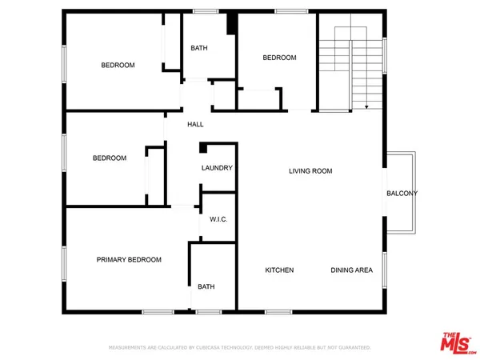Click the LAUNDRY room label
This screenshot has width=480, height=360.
(x=217, y=168)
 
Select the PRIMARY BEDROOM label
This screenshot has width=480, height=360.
(x=129, y=260)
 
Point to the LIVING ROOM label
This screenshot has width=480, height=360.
(x=310, y=171)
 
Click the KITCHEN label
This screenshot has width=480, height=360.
(x=279, y=270)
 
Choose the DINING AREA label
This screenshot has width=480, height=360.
(x=352, y=270)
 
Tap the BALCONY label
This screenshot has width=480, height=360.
(x=402, y=194)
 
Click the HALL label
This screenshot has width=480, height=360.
(x=195, y=125)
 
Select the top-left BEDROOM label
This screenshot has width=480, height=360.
(x=118, y=65)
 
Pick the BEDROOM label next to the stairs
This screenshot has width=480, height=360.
(x=280, y=58)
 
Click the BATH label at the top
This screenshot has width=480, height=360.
(x=199, y=48)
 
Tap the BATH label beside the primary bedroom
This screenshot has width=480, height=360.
(x=206, y=286)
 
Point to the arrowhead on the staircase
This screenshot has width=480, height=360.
(x=366, y=106)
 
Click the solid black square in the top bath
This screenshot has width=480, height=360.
(x=231, y=24)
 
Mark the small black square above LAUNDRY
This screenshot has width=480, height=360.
(x=203, y=147)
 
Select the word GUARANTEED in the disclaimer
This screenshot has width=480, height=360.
(x=352, y=348)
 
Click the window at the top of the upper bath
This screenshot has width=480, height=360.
(x=206, y=10)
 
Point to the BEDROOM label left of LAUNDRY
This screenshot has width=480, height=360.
(x=110, y=158)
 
